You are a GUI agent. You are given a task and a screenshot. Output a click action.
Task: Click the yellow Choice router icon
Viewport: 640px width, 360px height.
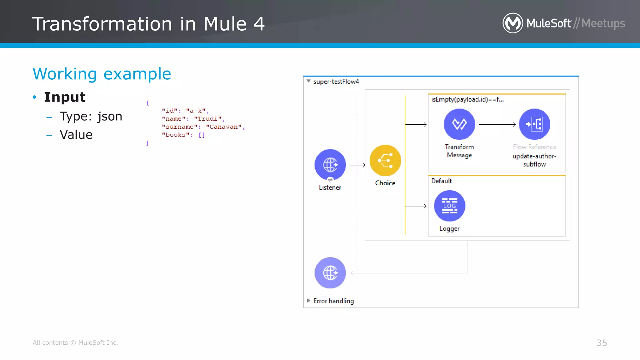[x=385, y=160]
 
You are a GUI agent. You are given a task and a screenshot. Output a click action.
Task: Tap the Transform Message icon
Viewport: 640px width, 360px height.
[x=459, y=124]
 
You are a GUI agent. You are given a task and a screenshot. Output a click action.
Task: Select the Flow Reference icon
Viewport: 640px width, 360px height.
[x=534, y=124]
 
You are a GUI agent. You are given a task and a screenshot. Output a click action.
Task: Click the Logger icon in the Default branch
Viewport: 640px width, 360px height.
[x=449, y=206]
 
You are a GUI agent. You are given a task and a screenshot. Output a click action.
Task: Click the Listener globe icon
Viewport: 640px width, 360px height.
[x=330, y=165]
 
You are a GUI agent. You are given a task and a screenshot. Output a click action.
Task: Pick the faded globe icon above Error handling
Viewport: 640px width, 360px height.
[x=330, y=273]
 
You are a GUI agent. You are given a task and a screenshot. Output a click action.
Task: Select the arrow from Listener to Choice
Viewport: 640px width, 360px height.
[x=357, y=165]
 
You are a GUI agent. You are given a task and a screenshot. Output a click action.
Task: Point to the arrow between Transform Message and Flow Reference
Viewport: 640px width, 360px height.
[x=497, y=124]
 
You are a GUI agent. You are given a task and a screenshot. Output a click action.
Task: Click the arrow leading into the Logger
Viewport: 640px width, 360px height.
[x=416, y=206]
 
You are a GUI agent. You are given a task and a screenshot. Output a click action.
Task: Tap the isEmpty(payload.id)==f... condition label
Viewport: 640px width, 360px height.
[x=467, y=99]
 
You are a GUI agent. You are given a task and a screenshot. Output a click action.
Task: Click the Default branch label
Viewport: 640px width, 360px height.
[x=441, y=181]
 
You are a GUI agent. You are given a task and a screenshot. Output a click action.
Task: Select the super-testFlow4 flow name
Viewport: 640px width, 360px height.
[x=336, y=82]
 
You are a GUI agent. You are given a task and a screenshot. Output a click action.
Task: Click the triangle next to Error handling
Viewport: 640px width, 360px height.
[x=308, y=301]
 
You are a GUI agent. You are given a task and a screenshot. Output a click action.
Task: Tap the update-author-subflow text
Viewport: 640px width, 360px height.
[x=534, y=160]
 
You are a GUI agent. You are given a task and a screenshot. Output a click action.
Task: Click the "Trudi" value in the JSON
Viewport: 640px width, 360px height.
[x=207, y=119]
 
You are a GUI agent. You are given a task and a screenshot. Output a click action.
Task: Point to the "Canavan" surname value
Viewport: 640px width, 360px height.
[x=223, y=127]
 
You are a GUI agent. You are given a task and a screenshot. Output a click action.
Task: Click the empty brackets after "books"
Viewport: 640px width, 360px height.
[x=202, y=135]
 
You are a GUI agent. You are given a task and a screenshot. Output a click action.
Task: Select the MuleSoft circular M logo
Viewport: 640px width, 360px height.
[x=512, y=23]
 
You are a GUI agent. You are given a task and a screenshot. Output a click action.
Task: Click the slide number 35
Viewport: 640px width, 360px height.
[x=602, y=343]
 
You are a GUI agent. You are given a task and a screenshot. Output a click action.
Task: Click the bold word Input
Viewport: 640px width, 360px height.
[x=65, y=97]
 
